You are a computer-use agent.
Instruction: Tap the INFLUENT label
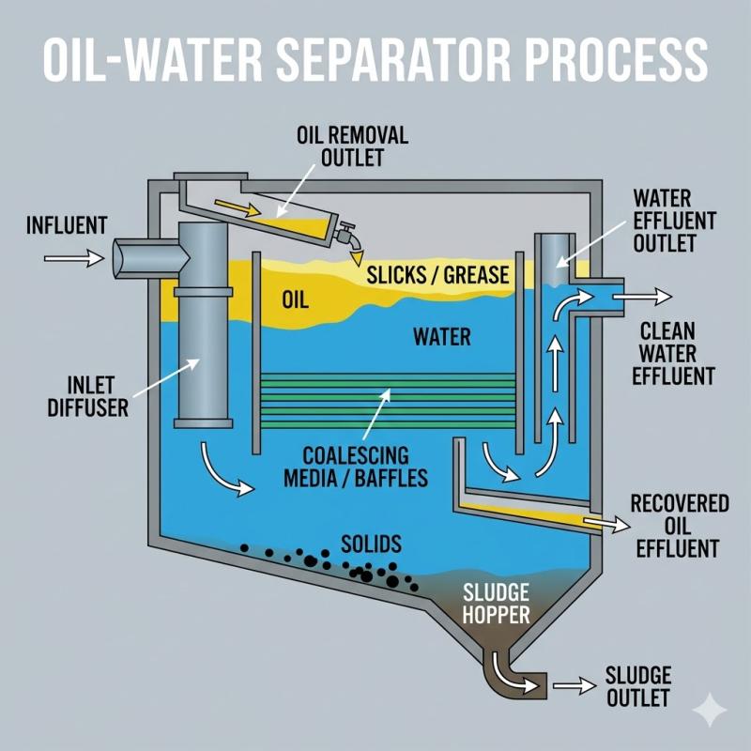pyautogui.click(x=67, y=225)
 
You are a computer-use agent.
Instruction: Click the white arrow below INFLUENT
pyautogui.click(x=69, y=255)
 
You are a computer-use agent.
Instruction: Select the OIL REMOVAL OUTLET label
pyautogui.click(x=352, y=146)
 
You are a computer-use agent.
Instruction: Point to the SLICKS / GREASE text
pyautogui.click(x=437, y=275)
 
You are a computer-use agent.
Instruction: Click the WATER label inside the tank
pyautogui.click(x=441, y=336)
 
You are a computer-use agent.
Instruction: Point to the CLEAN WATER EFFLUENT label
pyautogui.click(x=676, y=353)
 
